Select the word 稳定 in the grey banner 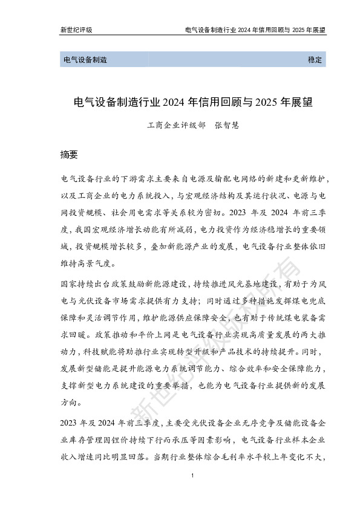(316, 60)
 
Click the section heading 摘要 (70, 154)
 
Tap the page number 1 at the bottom (191, 478)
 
